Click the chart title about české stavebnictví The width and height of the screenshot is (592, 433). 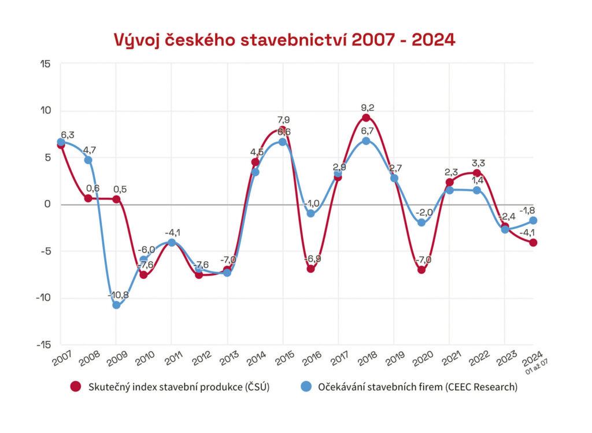click(284, 40)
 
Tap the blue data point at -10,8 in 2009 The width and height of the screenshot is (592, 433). click(116, 305)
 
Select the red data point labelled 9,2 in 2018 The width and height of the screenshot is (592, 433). click(366, 118)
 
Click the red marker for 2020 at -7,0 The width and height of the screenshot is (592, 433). click(421, 269)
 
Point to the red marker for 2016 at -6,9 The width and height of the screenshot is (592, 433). click(310, 268)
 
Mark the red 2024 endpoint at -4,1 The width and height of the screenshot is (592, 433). click(532, 242)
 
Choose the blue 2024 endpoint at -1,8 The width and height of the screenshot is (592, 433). click(532, 220)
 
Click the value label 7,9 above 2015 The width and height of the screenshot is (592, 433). click(283, 120)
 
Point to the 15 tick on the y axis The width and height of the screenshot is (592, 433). click(45, 64)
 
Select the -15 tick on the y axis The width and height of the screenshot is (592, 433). click(43, 345)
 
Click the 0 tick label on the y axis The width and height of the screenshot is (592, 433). click(48, 204)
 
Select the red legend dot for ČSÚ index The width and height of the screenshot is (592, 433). click(75, 387)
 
